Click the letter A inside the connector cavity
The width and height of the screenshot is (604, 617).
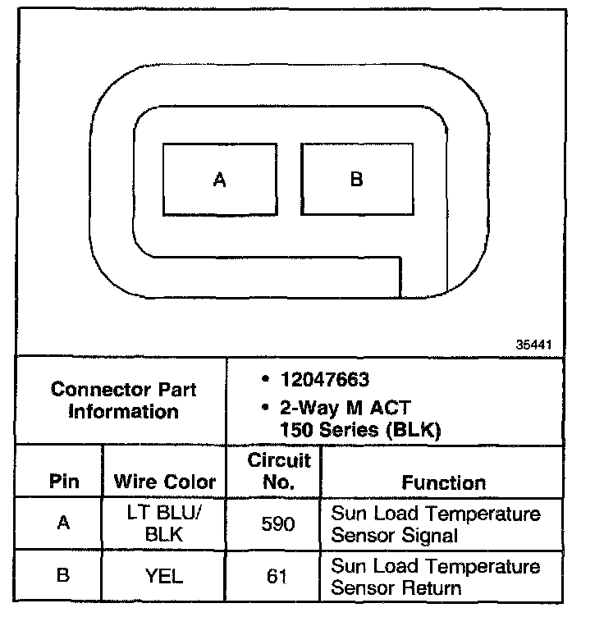point(219,180)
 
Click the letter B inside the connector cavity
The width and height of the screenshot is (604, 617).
point(356,179)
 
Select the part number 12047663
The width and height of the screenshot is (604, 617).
point(325,380)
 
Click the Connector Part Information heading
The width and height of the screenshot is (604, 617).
point(123,400)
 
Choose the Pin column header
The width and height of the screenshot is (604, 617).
point(64,482)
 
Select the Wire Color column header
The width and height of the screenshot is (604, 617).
point(165,482)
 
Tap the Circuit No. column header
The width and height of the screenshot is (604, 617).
point(279,471)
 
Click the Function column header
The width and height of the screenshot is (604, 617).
point(443,482)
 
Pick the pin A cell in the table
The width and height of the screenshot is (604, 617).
point(63,523)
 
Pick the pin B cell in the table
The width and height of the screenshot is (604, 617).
point(63,576)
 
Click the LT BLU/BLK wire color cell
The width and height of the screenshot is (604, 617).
point(164,523)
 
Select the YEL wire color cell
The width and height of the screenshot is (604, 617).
point(164,576)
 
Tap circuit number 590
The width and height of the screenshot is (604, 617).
point(278,523)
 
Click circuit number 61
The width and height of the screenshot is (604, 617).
point(278,576)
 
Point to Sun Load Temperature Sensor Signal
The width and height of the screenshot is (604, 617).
point(435,524)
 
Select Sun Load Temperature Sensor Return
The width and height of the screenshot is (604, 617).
point(435,577)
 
